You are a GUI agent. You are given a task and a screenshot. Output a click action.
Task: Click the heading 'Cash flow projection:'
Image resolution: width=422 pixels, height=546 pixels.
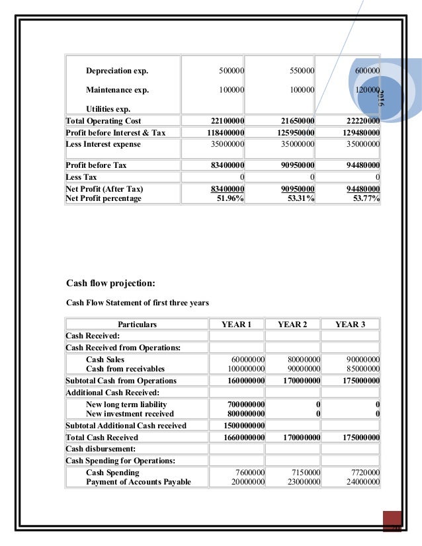(x=111, y=284)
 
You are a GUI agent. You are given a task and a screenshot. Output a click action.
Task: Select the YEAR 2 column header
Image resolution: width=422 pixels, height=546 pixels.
(x=292, y=325)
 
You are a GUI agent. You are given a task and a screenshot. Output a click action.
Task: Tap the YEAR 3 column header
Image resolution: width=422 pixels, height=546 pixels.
(x=350, y=325)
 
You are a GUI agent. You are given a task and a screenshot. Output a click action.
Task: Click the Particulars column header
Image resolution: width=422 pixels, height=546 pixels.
(x=137, y=325)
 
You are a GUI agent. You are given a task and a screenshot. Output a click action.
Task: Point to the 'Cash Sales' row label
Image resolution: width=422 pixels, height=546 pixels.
(x=105, y=360)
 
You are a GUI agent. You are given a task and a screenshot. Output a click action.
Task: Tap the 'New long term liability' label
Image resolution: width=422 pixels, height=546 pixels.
(x=126, y=405)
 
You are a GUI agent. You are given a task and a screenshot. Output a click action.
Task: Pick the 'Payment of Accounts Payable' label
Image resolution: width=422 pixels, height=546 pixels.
(x=138, y=482)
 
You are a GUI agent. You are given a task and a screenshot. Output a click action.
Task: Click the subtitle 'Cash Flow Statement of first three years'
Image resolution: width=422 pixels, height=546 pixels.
(x=138, y=303)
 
